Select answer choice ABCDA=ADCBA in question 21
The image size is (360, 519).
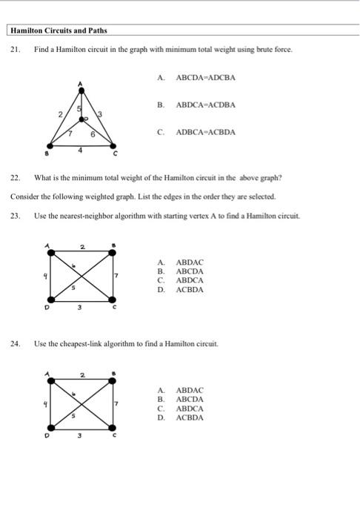[x=205, y=77]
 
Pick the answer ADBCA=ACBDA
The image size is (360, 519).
[x=205, y=132]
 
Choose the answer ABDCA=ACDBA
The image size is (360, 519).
[x=205, y=105]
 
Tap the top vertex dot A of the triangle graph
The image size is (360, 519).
[x=81, y=87]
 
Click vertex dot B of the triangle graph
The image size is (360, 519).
[x=50, y=147]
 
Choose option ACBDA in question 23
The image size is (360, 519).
[x=190, y=290]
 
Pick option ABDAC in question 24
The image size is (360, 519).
[x=190, y=390]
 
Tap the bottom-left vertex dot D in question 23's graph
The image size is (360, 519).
[x=50, y=301]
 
